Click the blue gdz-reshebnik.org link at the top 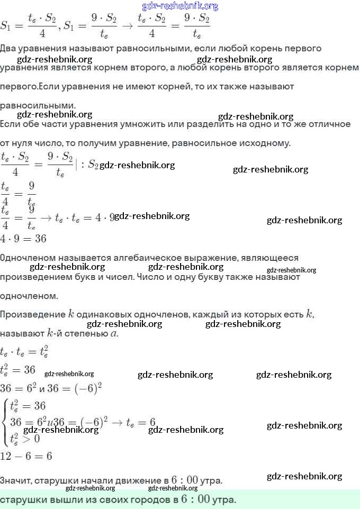pyautogui.click(x=180, y=6)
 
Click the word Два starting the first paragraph pyautogui.click(x=8, y=48)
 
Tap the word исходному pyautogui.click(x=266, y=143)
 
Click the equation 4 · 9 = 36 pyautogui.click(x=23, y=239)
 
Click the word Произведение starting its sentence pyautogui.click(x=32, y=314)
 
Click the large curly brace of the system pyautogui.click(x=5, y=421)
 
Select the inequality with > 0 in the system pyautogui.click(x=24, y=438)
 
